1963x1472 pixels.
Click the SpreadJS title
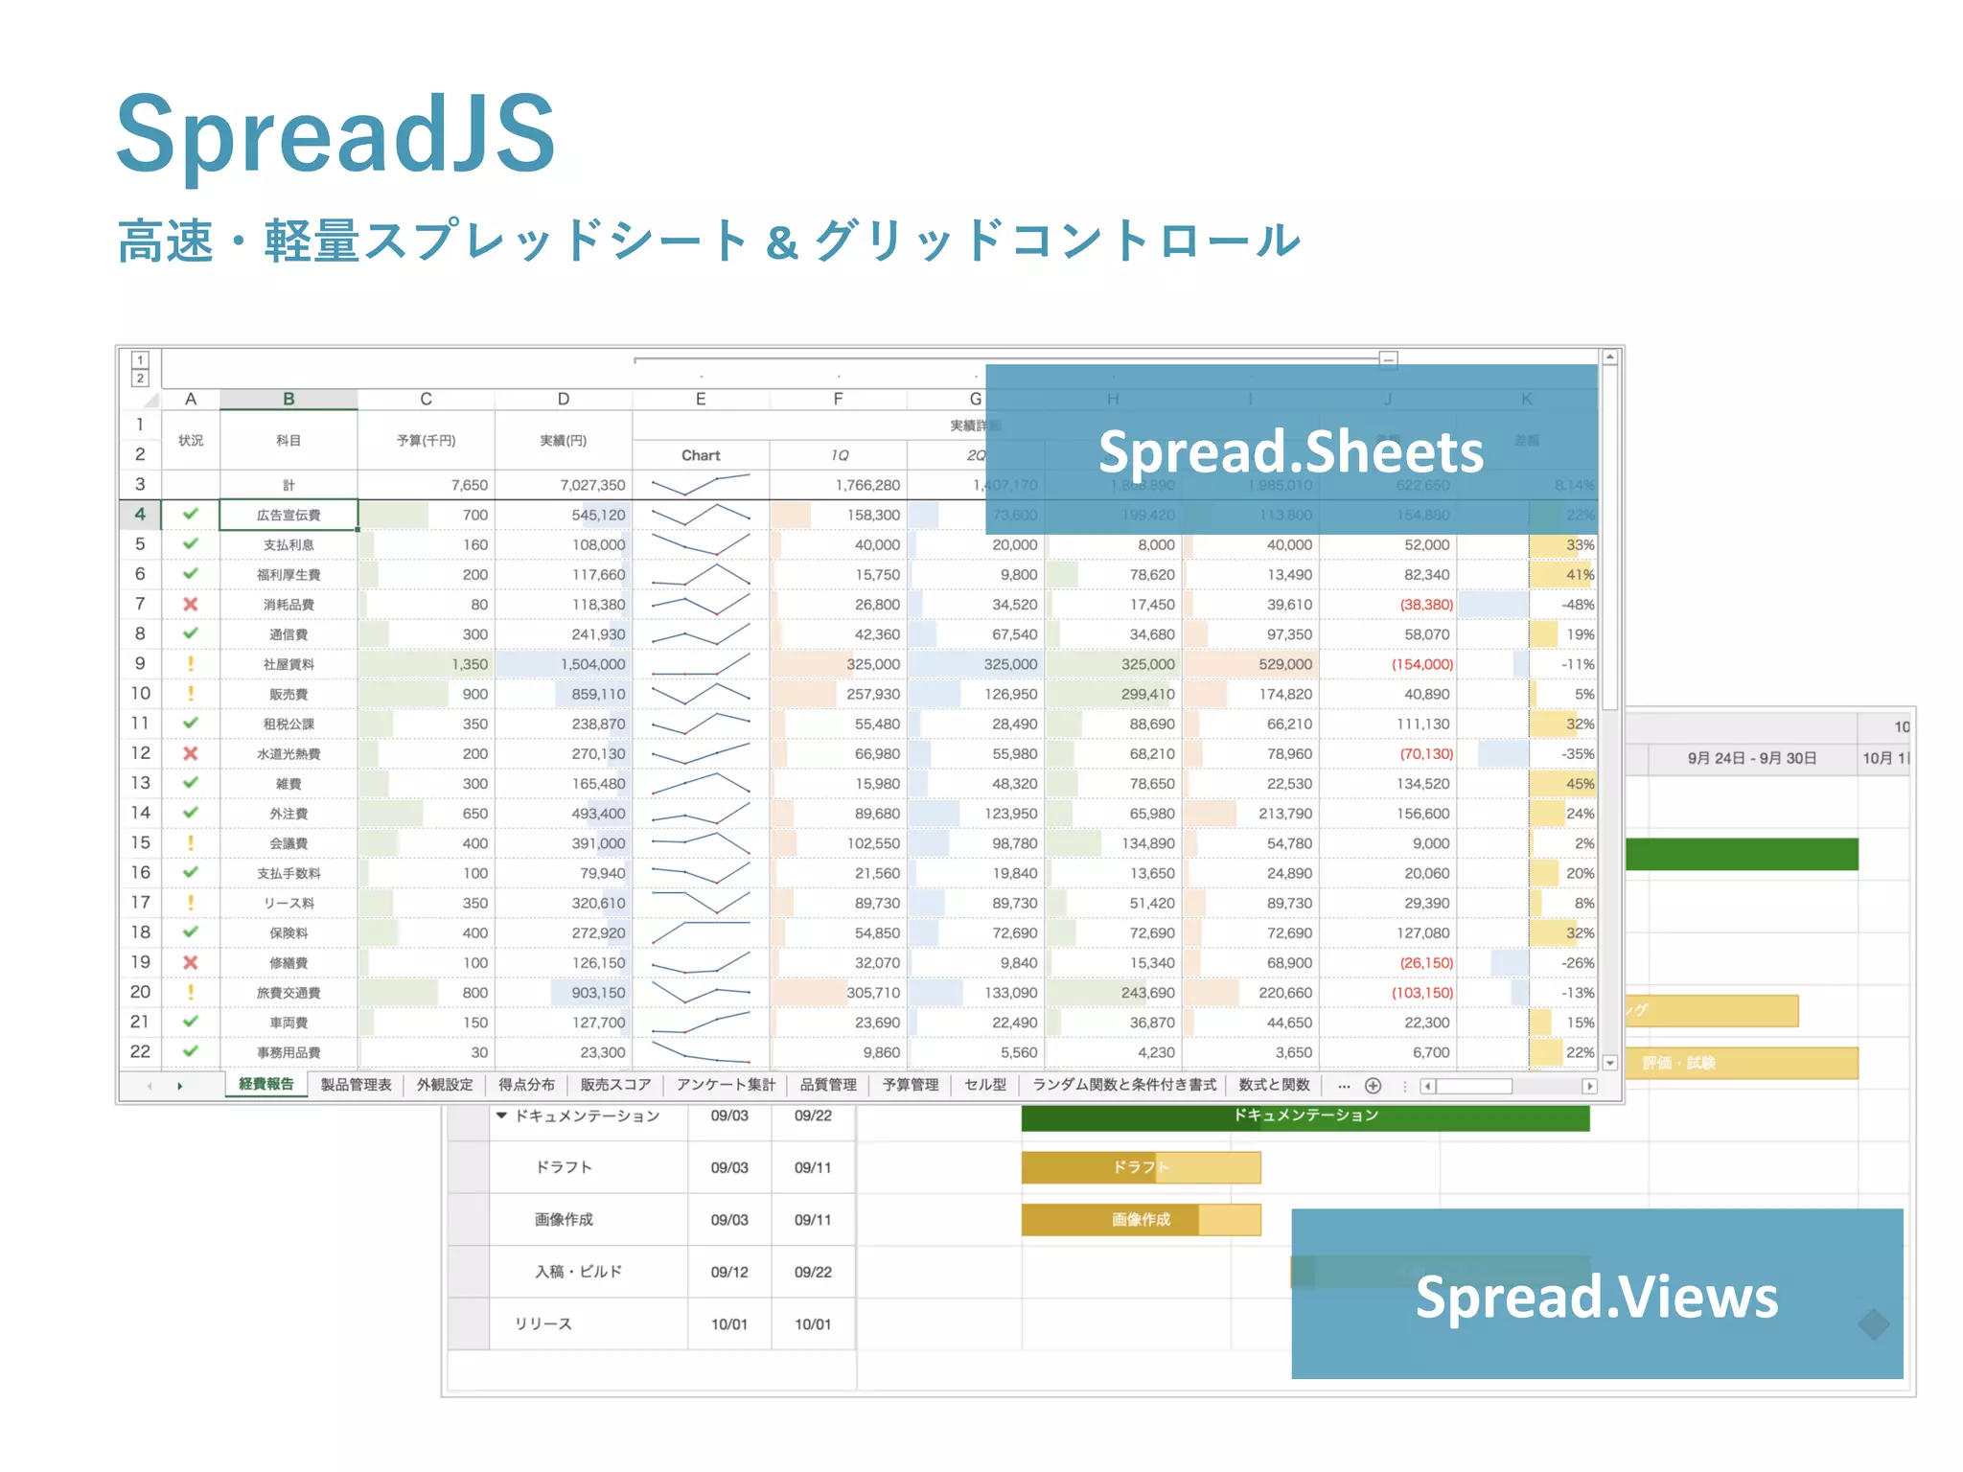coord(335,134)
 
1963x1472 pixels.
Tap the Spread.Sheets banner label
coord(1290,452)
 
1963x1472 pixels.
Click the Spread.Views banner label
coord(1596,1297)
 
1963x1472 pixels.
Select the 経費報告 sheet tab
coord(266,1084)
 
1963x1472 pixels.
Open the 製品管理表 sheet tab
coord(356,1085)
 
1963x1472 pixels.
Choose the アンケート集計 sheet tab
coord(726,1085)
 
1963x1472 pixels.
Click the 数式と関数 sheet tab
coord(1274,1085)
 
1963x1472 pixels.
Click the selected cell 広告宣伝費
coord(289,515)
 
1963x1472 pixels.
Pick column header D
coord(564,399)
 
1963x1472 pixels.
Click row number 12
coord(140,753)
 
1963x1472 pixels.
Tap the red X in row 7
coord(191,604)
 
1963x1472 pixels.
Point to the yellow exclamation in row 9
coord(191,663)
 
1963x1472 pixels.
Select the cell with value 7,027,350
coord(592,485)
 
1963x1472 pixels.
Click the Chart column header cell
coord(701,455)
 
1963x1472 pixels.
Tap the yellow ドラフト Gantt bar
coord(1141,1167)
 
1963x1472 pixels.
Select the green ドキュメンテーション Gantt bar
coord(1305,1116)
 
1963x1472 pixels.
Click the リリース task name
coord(543,1323)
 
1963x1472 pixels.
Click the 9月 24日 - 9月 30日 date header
coord(1752,758)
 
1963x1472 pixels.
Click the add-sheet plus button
coord(1373,1086)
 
